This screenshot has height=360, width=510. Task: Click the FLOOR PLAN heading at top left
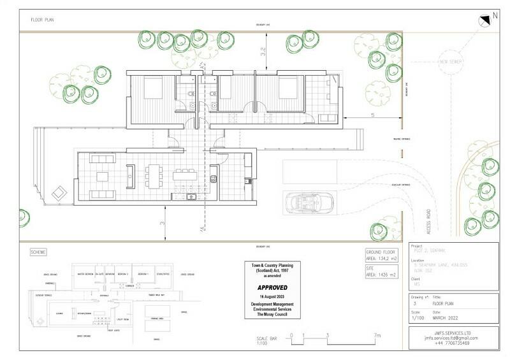click(x=43, y=20)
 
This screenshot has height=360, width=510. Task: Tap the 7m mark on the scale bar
click(x=377, y=335)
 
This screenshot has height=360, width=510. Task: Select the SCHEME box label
click(x=39, y=252)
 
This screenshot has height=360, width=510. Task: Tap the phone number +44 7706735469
click(x=452, y=343)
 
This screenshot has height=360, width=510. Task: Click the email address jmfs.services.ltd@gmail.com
click(x=452, y=338)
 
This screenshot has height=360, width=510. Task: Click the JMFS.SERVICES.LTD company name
click(x=452, y=332)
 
